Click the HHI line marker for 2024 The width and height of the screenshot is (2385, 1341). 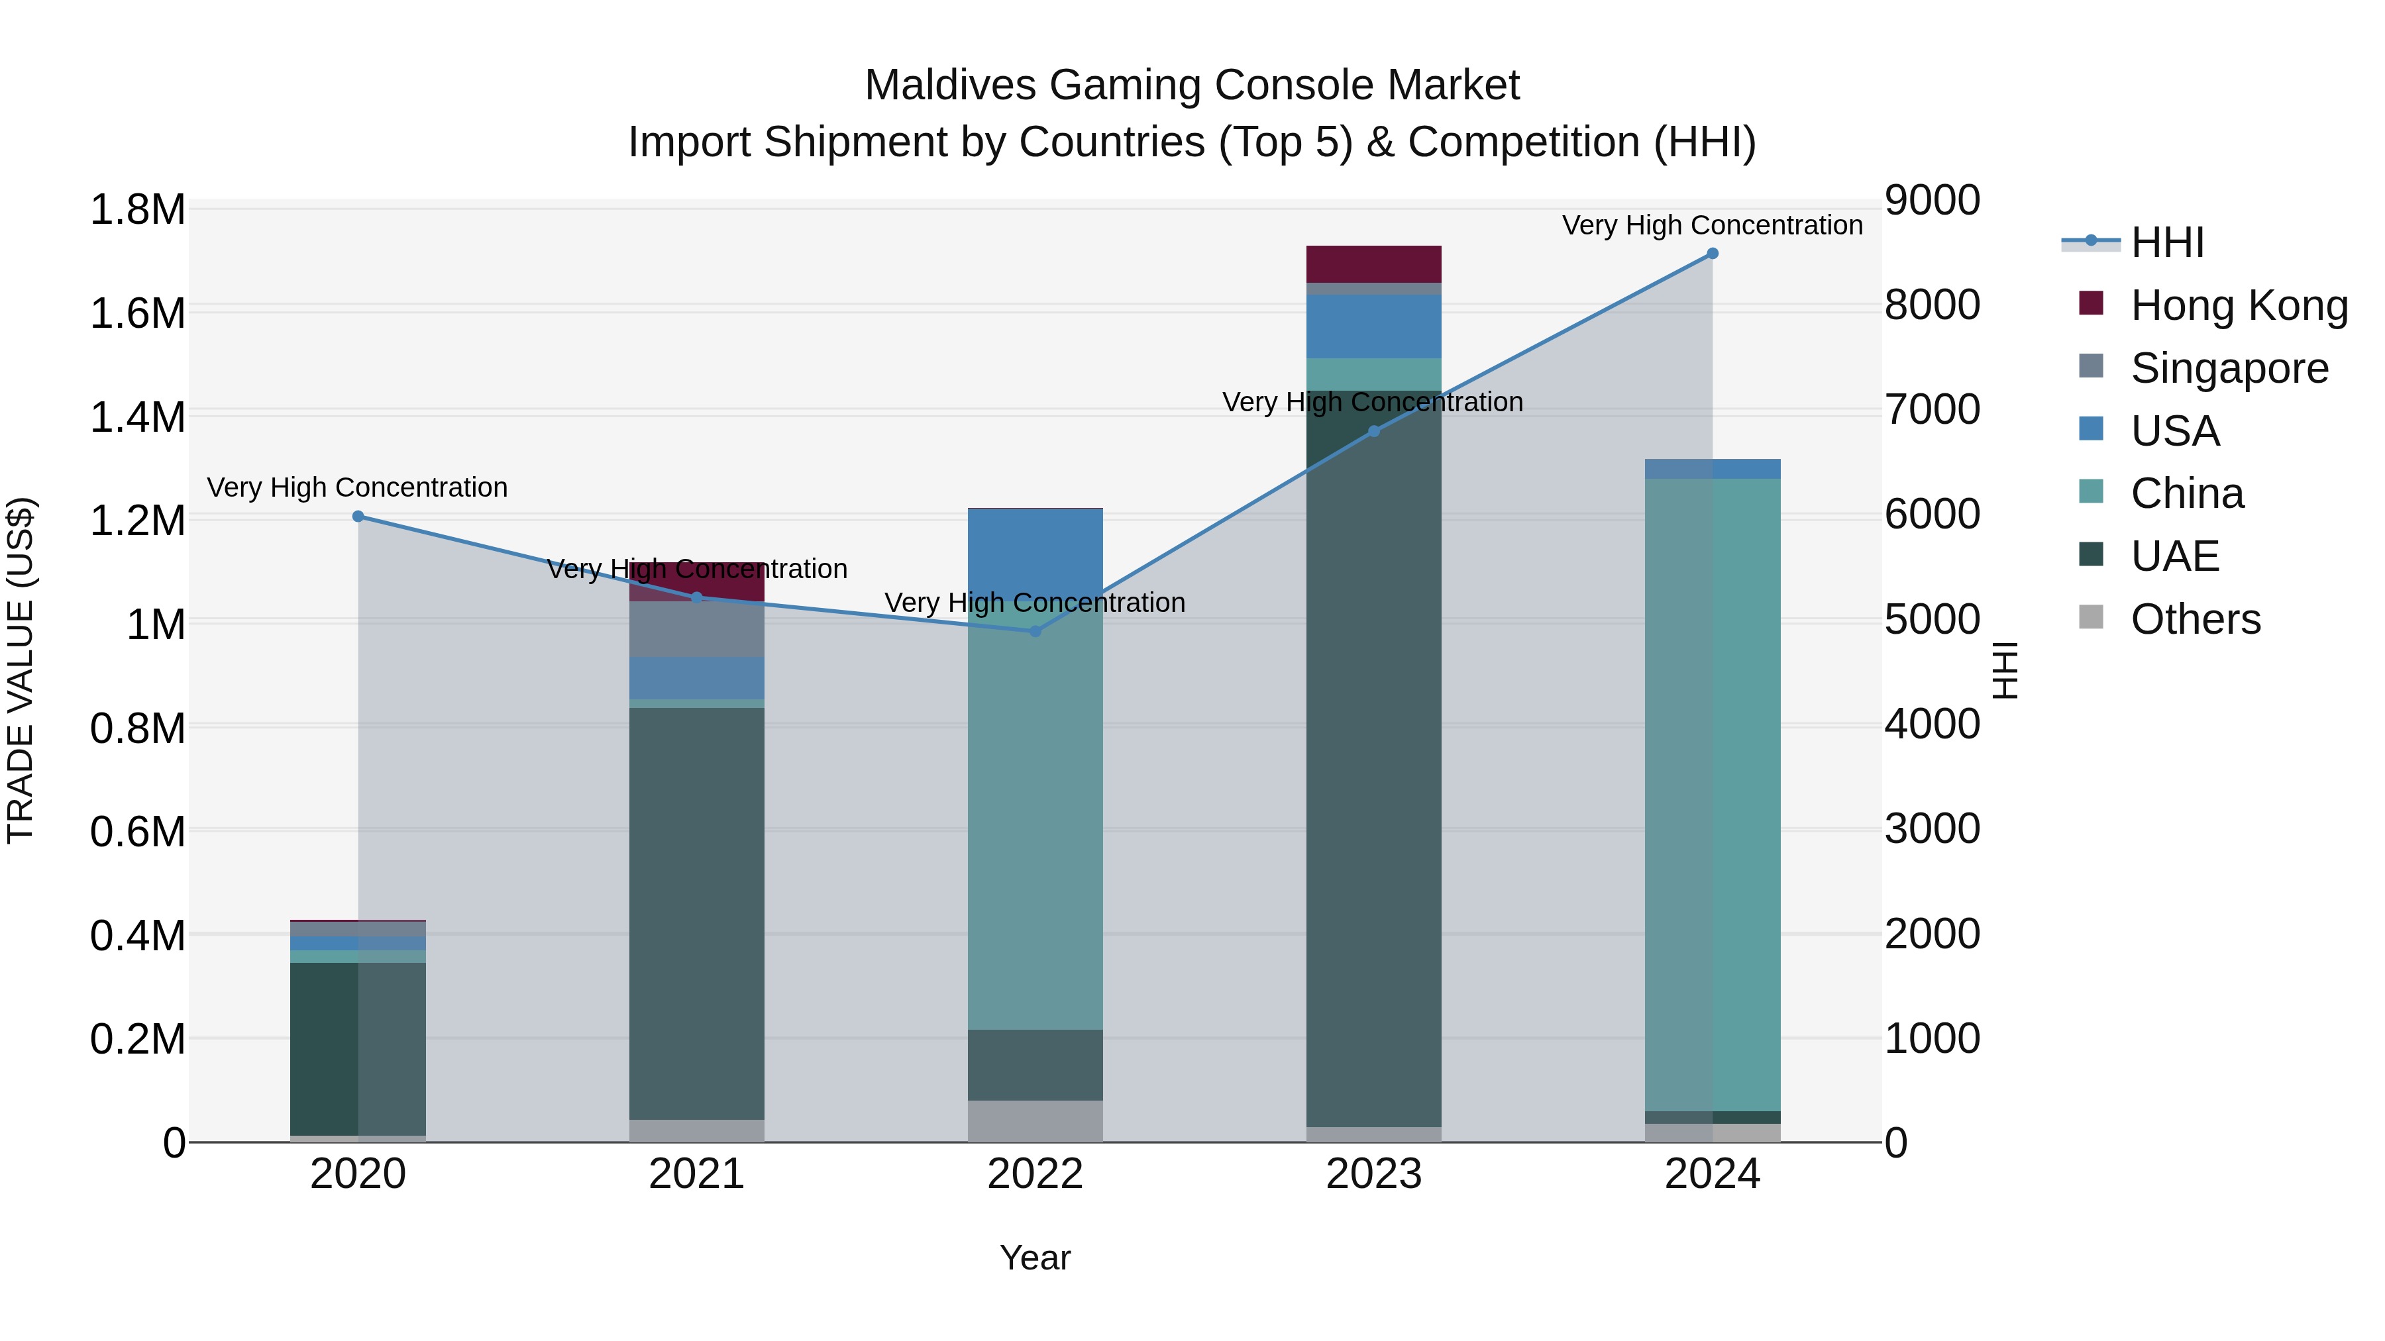coord(1712,254)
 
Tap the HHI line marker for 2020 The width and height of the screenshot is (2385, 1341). coord(358,517)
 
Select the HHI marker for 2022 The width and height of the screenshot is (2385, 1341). coord(1035,631)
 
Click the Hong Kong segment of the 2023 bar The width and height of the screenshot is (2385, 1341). coord(1373,264)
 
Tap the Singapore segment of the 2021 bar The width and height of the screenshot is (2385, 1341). coord(696,629)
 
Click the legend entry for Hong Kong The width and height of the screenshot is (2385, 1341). coord(2239,305)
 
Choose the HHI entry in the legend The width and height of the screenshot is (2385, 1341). coord(2166,242)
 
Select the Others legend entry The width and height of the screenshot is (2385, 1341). coord(2194,619)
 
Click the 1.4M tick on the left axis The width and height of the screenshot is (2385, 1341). coord(137,417)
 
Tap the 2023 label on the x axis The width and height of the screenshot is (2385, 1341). coord(1373,1174)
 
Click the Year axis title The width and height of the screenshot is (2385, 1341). coord(1035,1258)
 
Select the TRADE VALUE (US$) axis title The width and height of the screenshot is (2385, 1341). coord(21,670)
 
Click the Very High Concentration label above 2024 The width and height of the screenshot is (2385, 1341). coord(1712,225)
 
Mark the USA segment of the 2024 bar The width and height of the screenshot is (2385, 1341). coord(1712,468)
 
